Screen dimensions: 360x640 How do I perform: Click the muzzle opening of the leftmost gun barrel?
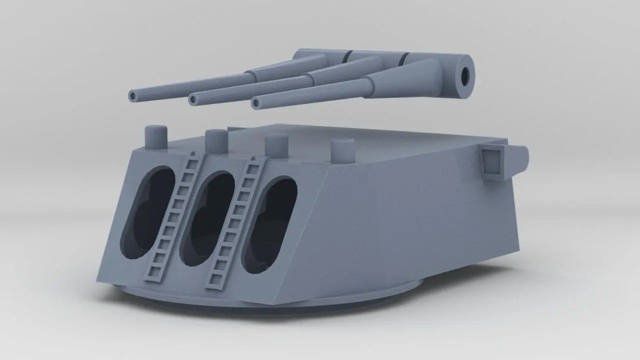pyautogui.click(x=132, y=95)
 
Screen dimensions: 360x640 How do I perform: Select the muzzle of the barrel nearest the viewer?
pyautogui.click(x=256, y=103)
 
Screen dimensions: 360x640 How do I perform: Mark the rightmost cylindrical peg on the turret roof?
pyautogui.click(x=343, y=148)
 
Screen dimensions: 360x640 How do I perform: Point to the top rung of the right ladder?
pyautogui.click(x=255, y=161)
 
